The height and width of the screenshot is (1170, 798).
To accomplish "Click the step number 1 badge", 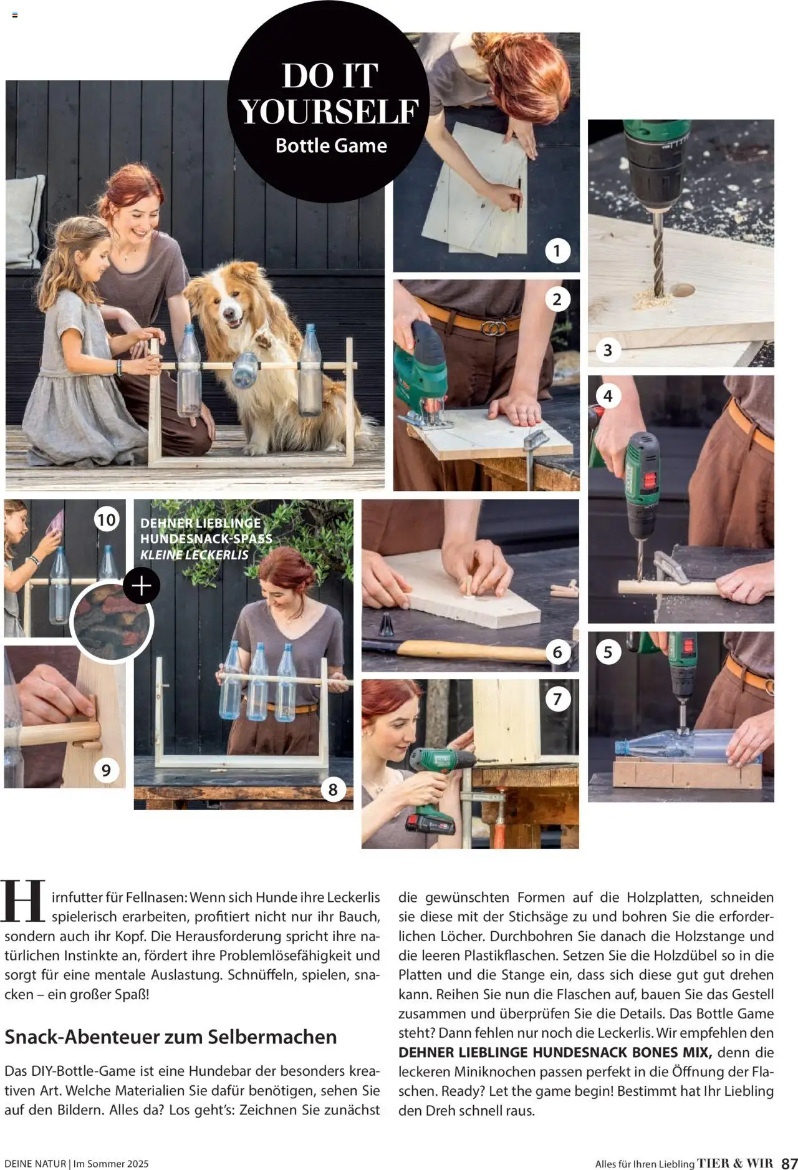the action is (557, 251).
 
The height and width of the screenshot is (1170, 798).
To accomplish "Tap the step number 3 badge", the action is (608, 351).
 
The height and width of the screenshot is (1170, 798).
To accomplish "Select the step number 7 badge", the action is (557, 699).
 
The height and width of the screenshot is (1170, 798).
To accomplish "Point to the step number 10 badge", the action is (107, 520).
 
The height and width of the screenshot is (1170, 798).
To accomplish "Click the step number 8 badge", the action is (333, 790).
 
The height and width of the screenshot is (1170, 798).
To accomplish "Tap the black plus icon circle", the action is (142, 586).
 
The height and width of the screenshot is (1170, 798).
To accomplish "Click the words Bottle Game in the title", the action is (331, 145).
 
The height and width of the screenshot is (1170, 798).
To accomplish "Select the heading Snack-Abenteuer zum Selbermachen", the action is (170, 1037).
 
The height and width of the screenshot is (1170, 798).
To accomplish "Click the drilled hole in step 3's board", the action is (682, 289).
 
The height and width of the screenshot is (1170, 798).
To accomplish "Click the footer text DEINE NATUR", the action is (35, 1163).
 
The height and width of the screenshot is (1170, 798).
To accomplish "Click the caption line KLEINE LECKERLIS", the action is (194, 554).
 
